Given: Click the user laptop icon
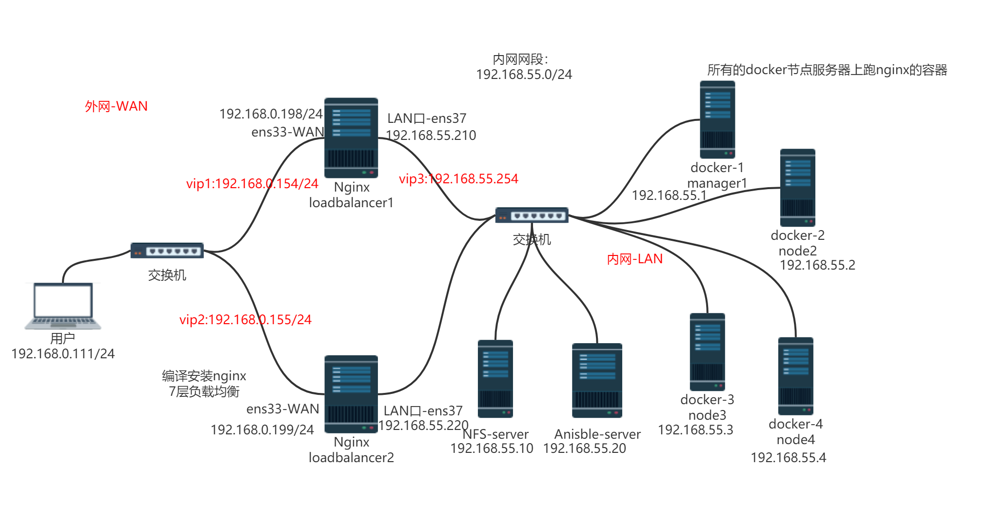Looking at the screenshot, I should coord(63,306).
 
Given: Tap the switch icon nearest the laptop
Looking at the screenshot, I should coord(167,251).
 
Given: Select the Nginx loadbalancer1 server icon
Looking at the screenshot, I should coord(351,138).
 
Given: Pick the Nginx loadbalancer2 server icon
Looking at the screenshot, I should coord(351,394).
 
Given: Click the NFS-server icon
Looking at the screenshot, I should coord(495,379).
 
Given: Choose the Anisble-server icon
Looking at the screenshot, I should coord(597,381).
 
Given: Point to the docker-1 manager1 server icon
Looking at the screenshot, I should coord(717,119).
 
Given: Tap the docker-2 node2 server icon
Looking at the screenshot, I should coord(797,188).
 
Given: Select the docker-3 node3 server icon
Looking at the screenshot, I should coord(707,352).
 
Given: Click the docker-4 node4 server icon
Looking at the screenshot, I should coord(795,376).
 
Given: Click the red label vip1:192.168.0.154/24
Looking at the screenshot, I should coord(252,184).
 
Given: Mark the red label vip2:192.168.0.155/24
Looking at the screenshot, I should coord(245,320).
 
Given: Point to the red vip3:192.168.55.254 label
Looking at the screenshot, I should coord(458,179).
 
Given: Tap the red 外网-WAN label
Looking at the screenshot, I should coord(116,106).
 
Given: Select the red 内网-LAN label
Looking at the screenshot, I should coord(634,259).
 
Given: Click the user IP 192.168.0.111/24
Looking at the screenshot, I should coord(63,354).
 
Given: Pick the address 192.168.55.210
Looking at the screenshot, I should coord(431,136).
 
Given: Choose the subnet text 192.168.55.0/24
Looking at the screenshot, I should coord(524,75).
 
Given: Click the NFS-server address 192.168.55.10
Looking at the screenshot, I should coord(492,448).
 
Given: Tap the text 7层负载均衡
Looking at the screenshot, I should coord(204,391).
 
